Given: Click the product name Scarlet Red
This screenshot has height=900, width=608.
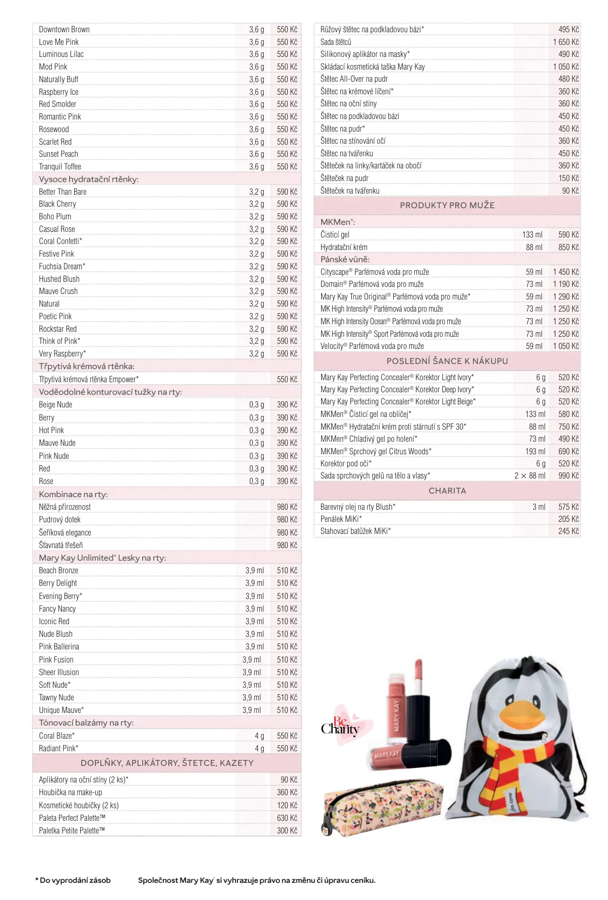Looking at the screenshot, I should point(55,142).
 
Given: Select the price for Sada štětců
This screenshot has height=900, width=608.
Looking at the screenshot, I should point(566,42).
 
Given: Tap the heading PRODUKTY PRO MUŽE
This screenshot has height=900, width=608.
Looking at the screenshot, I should point(447,205).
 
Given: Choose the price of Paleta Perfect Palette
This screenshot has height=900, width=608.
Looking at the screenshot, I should point(287,818).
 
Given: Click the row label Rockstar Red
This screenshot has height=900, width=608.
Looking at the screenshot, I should point(58,329).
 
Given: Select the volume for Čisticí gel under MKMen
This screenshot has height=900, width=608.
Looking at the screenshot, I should point(532,234).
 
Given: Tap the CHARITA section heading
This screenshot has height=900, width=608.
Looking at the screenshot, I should point(447,491).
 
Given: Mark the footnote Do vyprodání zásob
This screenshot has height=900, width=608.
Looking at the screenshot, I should point(73,880).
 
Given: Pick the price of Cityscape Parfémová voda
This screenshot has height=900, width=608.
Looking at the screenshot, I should point(566,272).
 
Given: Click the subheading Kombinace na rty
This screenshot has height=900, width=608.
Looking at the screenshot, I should point(74,494).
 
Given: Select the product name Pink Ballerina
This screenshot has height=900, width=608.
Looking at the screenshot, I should point(59,646).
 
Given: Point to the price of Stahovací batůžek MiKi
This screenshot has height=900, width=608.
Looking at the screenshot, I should point(568,531).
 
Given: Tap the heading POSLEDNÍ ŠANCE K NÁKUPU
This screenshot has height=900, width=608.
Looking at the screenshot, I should point(447,361).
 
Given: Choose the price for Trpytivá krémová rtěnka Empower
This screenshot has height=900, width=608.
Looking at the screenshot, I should point(287,379).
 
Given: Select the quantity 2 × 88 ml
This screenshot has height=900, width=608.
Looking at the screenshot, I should point(530,475).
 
